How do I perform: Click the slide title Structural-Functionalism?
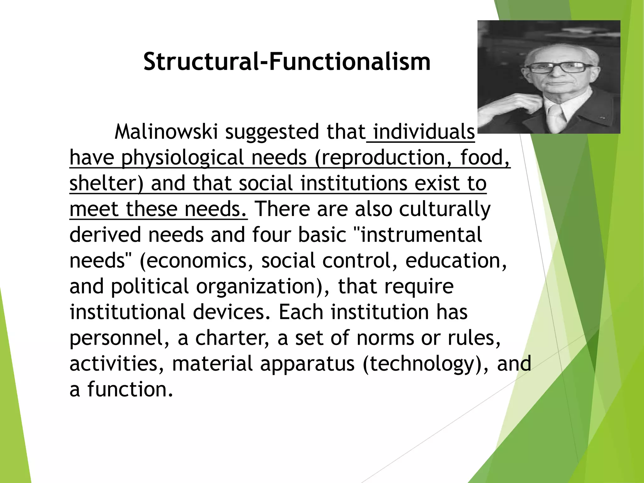click(287, 62)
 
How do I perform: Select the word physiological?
click(183, 158)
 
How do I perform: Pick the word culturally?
click(445, 209)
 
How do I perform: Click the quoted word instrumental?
click(421, 235)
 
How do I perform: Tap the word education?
click(456, 260)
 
